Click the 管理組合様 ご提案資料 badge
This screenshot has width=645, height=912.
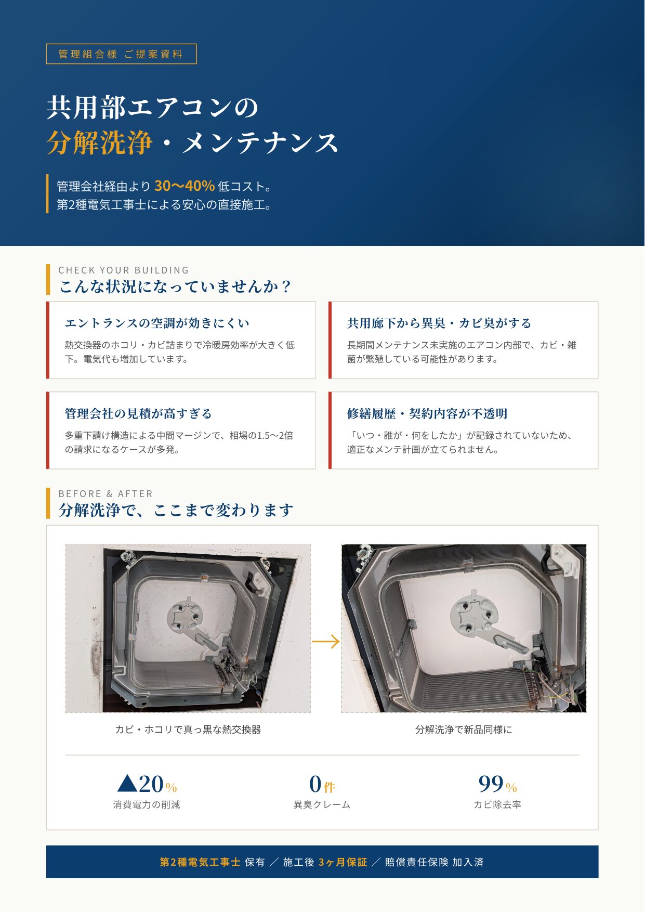pos(121,54)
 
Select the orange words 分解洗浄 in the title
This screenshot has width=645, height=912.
pos(99,142)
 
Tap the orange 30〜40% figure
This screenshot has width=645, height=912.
pos(185,186)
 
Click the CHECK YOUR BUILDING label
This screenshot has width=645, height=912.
pos(124,270)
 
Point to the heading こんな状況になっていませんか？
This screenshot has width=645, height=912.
pos(176,286)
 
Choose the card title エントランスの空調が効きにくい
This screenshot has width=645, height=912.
pos(157,323)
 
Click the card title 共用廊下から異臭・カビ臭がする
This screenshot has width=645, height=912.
pos(439,323)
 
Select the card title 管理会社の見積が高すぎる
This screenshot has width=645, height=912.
pos(138,414)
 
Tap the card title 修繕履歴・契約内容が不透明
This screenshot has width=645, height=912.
pos(427,414)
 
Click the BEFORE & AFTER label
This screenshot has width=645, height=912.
pos(106,494)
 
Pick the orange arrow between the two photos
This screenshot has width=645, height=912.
pos(325,642)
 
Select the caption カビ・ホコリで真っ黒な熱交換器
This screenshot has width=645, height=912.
pos(188,729)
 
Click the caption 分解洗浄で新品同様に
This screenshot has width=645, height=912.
pos(464,729)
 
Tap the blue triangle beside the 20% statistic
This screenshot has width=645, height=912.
pos(127,784)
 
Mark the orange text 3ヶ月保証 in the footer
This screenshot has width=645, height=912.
pos(343,862)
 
